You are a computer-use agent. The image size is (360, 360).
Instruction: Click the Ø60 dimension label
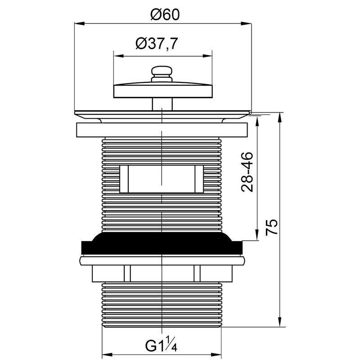[165, 15]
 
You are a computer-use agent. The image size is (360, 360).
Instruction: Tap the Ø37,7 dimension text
[157, 43]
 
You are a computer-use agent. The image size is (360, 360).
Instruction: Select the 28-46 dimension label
[247, 172]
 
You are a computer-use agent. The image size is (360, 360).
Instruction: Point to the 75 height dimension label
[272, 227]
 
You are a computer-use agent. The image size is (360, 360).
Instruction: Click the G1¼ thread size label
[161, 344]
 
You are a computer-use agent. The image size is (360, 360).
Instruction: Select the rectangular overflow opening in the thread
[162, 179]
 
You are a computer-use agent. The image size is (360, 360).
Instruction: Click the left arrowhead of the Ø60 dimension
[80, 23]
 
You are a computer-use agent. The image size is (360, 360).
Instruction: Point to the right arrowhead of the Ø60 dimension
[246, 23]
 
